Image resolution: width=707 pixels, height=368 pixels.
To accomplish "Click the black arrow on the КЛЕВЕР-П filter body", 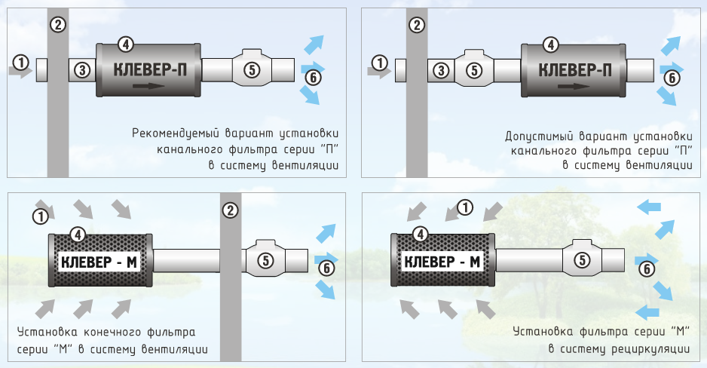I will point(149,86).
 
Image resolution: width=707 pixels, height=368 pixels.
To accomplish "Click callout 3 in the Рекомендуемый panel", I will point(82,70).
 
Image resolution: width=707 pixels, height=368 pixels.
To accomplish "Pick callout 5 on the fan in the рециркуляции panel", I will point(582,260).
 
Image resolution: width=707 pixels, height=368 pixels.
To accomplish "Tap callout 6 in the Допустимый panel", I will point(671,76).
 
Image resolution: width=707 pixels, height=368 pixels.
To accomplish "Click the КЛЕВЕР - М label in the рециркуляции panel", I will point(442,262).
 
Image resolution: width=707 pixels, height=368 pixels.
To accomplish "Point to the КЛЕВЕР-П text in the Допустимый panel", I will point(574,70).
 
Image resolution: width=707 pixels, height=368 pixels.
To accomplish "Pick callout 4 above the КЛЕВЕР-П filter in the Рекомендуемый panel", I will point(127,44).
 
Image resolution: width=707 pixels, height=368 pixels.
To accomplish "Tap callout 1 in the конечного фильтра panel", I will point(39,216).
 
